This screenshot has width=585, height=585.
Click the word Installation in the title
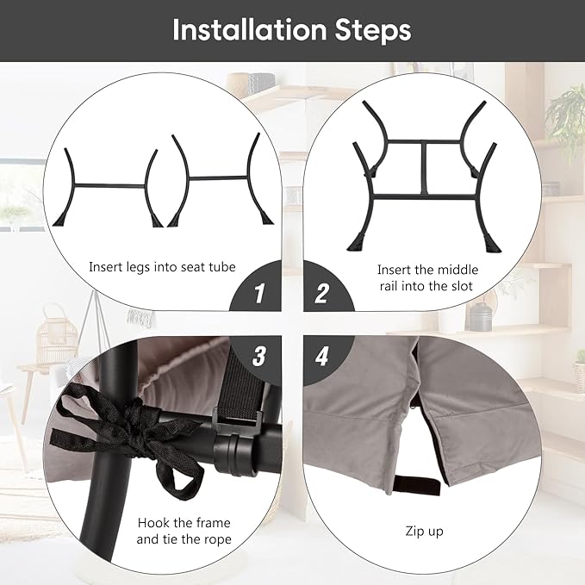[250, 30]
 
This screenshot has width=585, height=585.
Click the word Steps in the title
[373, 31]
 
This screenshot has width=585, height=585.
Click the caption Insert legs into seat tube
[162, 267]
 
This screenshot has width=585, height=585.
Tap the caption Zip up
[424, 532]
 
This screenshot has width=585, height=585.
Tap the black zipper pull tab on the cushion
[417, 485]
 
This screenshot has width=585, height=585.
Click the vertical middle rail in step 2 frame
[424, 168]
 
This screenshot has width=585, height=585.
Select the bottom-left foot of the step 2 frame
[357, 242]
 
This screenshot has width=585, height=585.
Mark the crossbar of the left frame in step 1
[109, 185]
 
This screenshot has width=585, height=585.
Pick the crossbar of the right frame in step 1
[218, 177]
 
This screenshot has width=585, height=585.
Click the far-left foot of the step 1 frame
[61, 220]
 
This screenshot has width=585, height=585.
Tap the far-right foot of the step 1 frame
[267, 218]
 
